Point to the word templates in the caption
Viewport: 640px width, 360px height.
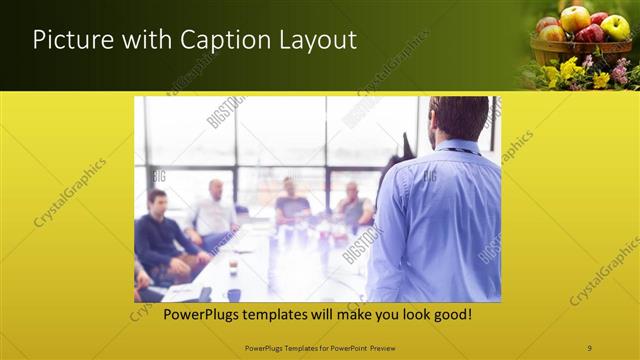coord(273,315)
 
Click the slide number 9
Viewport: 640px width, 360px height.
coord(589,347)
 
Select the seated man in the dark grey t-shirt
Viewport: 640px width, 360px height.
coord(292,205)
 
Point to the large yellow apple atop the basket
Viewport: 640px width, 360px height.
coord(575,18)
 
